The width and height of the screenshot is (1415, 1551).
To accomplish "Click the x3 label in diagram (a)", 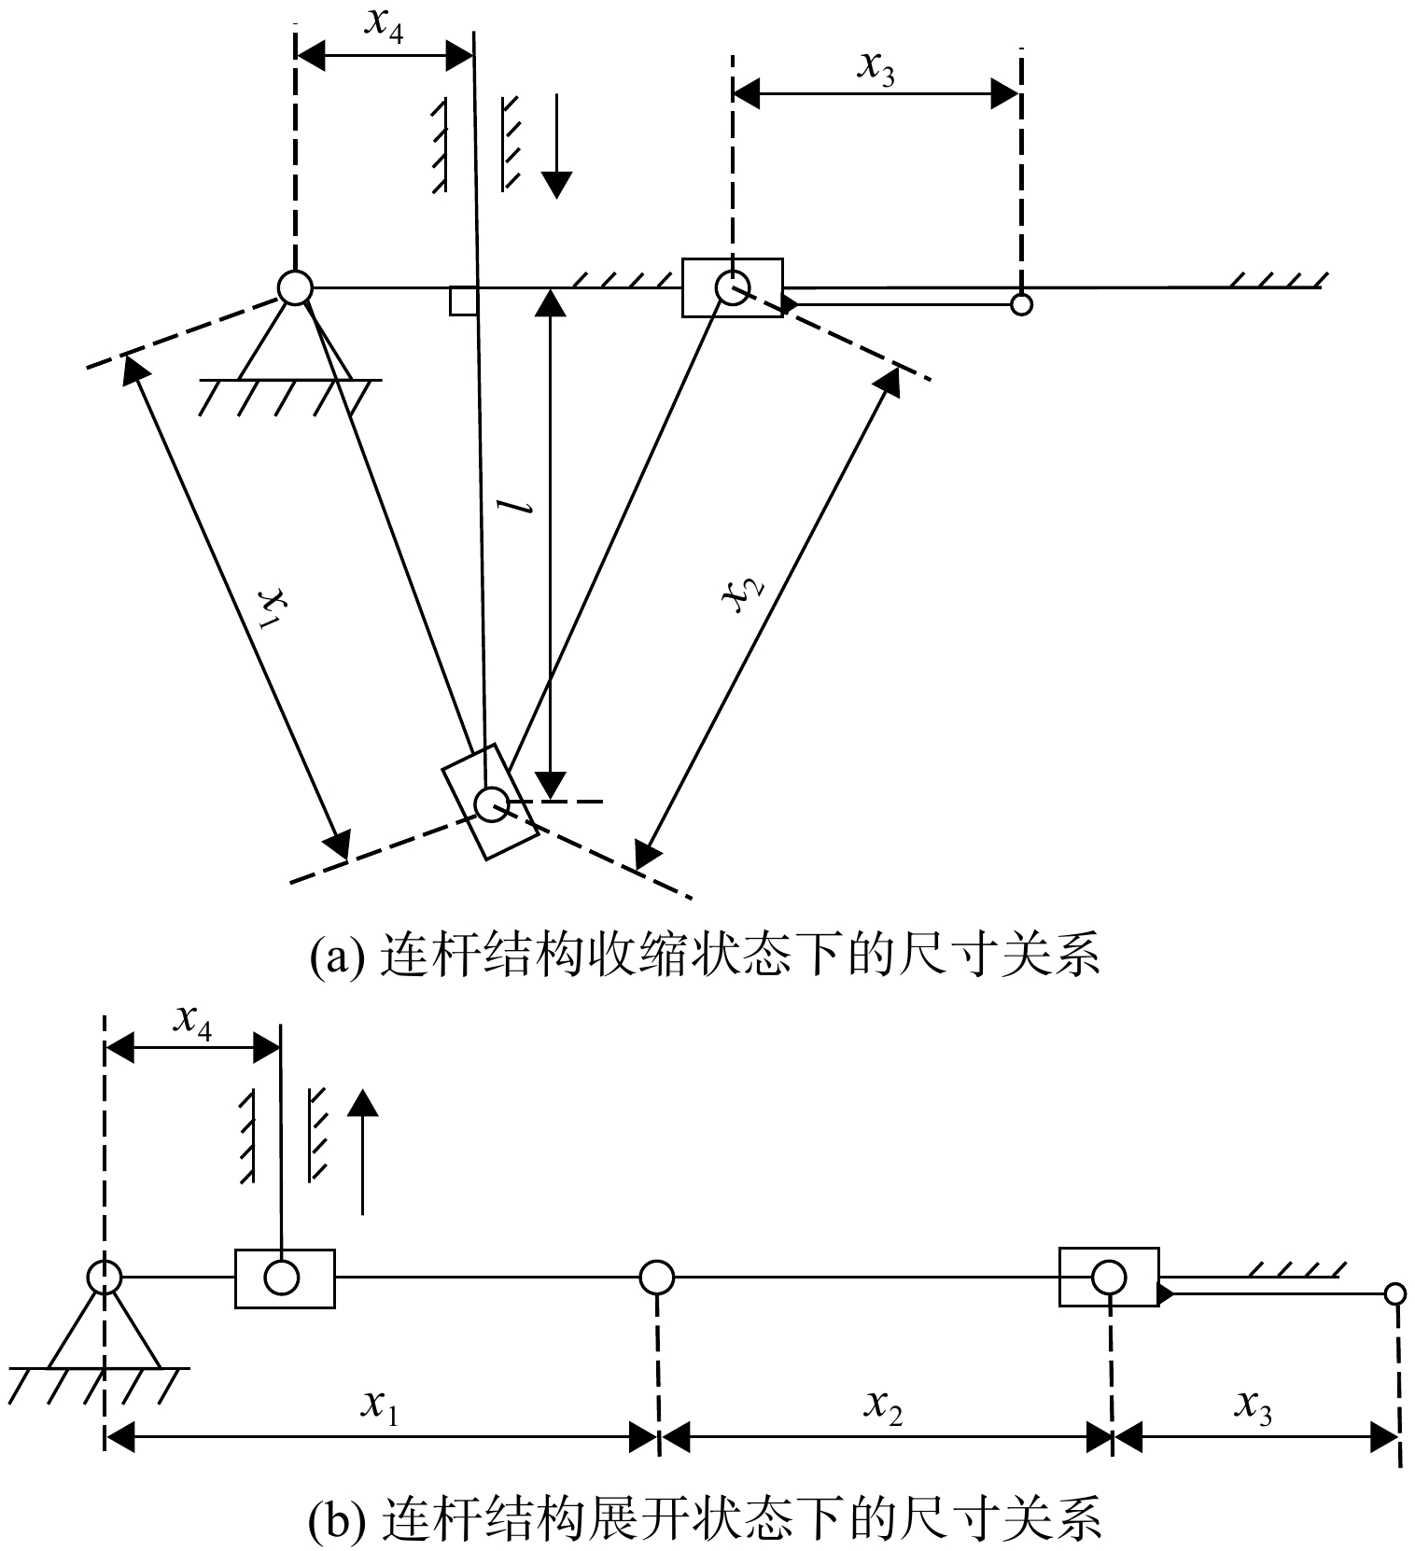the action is (876, 68).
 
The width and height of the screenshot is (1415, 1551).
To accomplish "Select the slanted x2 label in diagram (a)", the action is (746, 594).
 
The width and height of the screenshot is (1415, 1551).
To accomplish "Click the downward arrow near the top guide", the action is (556, 146).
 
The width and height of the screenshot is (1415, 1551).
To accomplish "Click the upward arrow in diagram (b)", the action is (363, 1153).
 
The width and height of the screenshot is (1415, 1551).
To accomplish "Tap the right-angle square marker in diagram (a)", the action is (463, 300).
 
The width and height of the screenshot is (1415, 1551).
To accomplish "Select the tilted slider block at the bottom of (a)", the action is (490, 801).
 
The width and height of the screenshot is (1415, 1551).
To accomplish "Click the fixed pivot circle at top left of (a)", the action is (294, 287).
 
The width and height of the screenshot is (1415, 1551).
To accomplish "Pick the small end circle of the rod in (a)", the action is (1022, 304).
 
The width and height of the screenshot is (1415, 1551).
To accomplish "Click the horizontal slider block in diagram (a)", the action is (733, 287).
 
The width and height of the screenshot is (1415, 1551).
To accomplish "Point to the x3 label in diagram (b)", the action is (1253, 1404).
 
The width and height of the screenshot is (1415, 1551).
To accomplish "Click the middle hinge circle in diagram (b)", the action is (657, 1277).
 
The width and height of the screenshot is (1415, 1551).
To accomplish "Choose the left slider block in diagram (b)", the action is (285, 1278).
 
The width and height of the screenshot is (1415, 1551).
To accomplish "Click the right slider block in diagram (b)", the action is (1109, 1277).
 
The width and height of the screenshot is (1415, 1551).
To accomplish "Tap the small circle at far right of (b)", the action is (1395, 1293).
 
